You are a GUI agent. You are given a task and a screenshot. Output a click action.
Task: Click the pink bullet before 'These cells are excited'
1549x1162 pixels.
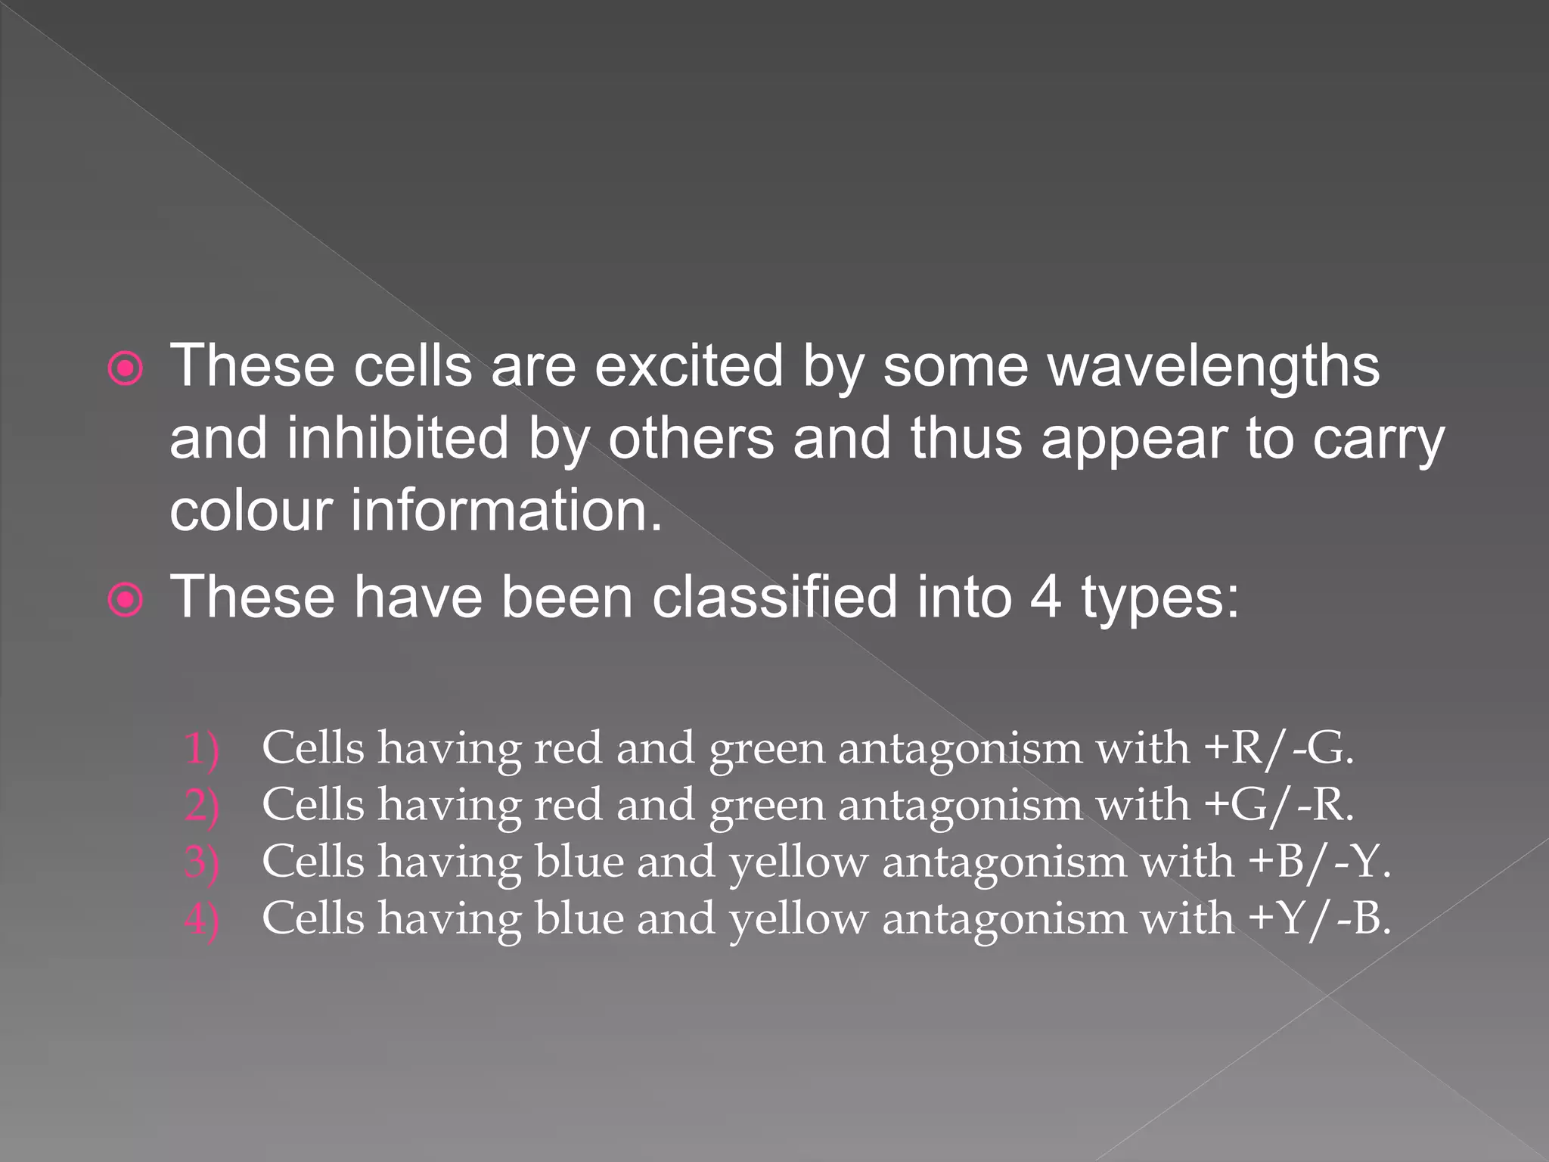click(x=125, y=370)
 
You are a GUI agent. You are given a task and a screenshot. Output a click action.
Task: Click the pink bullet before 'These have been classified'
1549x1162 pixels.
click(x=125, y=601)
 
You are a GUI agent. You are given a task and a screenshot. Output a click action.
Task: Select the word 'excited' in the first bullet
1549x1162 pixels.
click(x=688, y=367)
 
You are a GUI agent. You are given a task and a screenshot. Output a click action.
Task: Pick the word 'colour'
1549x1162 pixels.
click(x=251, y=511)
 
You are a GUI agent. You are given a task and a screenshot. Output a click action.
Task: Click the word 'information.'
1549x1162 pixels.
click(x=506, y=511)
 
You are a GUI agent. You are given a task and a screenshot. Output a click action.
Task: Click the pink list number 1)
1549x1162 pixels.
click(x=201, y=749)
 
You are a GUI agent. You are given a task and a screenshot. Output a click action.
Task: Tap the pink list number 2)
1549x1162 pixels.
click(x=201, y=806)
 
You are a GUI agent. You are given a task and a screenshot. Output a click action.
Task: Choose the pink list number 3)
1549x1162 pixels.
click(x=201, y=862)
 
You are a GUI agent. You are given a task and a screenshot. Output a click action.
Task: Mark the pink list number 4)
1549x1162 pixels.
click(x=201, y=920)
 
